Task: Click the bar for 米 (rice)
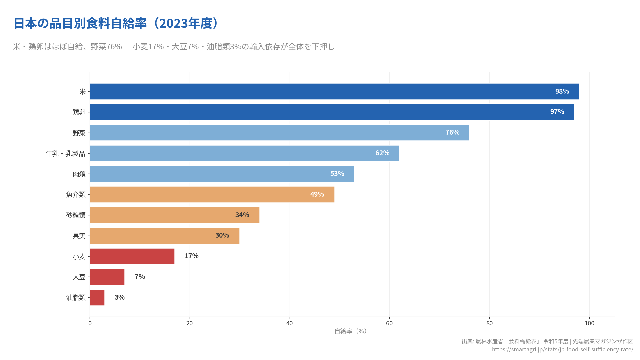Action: point(333,91)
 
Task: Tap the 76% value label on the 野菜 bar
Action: point(452,132)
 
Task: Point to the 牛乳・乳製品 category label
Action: point(65,154)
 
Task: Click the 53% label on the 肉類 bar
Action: point(337,174)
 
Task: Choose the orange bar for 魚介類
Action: point(212,194)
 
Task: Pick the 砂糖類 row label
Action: point(76,215)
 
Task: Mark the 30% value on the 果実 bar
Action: point(222,235)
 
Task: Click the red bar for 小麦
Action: point(132,256)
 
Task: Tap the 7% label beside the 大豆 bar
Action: point(140,277)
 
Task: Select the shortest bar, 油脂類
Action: point(97,298)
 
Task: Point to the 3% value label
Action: point(120,297)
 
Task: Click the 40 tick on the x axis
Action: point(289,323)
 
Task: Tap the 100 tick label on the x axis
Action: point(589,323)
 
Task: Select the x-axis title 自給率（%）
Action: point(350,331)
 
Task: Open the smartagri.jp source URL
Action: point(562,349)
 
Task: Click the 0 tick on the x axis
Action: point(90,323)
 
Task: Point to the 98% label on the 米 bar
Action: point(562,91)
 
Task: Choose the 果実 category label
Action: point(79,236)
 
